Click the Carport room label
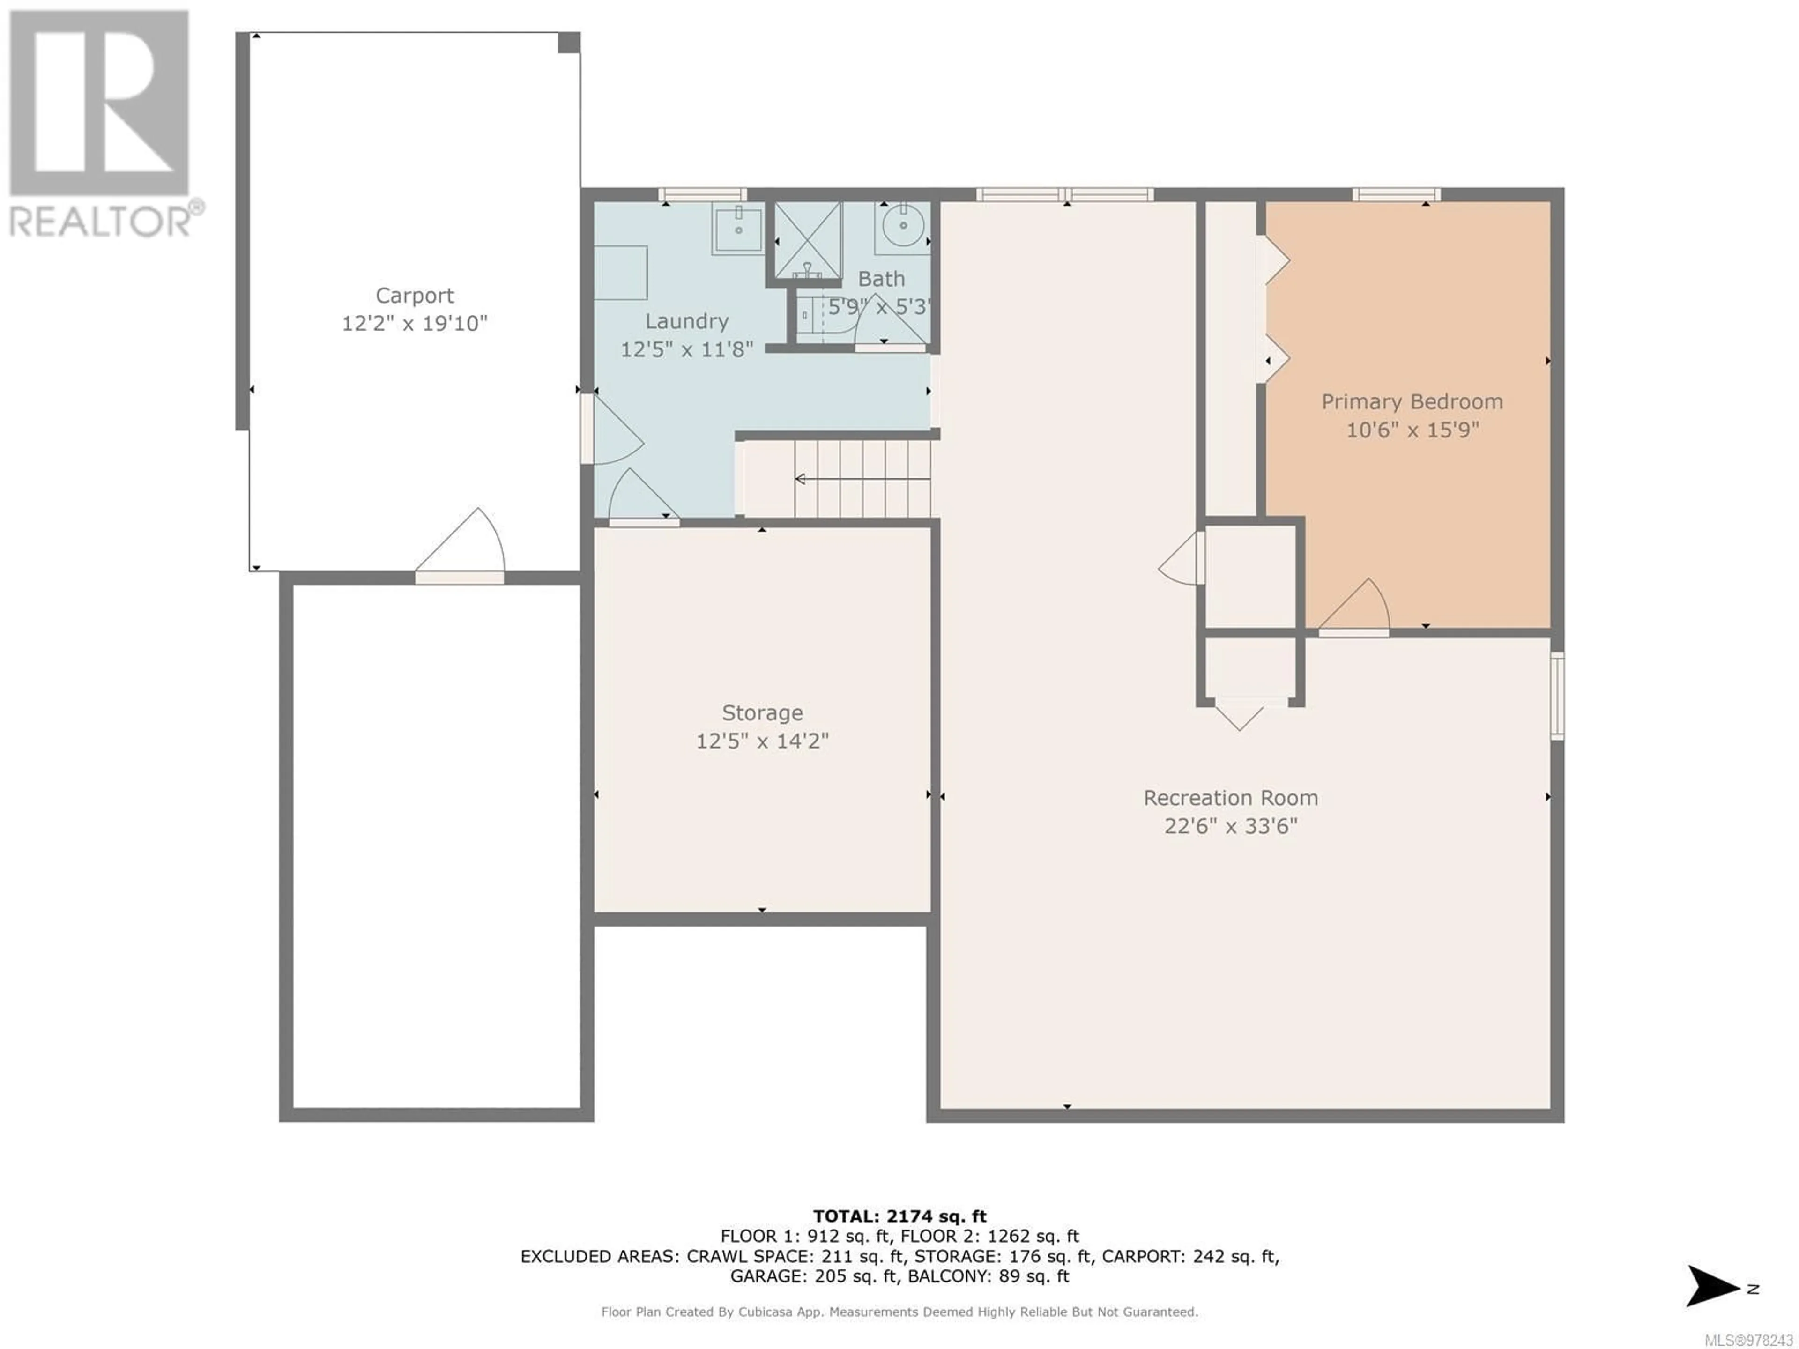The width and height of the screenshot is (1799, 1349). tap(415, 295)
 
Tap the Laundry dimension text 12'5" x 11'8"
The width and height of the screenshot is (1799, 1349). tap(687, 349)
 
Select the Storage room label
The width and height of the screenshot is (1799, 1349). tap(762, 713)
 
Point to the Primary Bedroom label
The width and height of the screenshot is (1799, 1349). tap(1412, 402)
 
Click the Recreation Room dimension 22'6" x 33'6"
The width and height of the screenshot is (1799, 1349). tap(1231, 826)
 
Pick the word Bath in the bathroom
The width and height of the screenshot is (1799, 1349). tap(882, 279)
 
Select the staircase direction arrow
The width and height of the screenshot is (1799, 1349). tap(862, 479)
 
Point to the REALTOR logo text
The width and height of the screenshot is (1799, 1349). tap(106, 220)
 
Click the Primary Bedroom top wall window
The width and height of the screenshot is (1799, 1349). tap(1397, 194)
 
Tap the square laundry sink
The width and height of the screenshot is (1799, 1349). tap(738, 230)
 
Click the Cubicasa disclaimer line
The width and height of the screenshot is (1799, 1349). tap(899, 1312)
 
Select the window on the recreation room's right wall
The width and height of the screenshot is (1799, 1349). tap(1557, 696)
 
